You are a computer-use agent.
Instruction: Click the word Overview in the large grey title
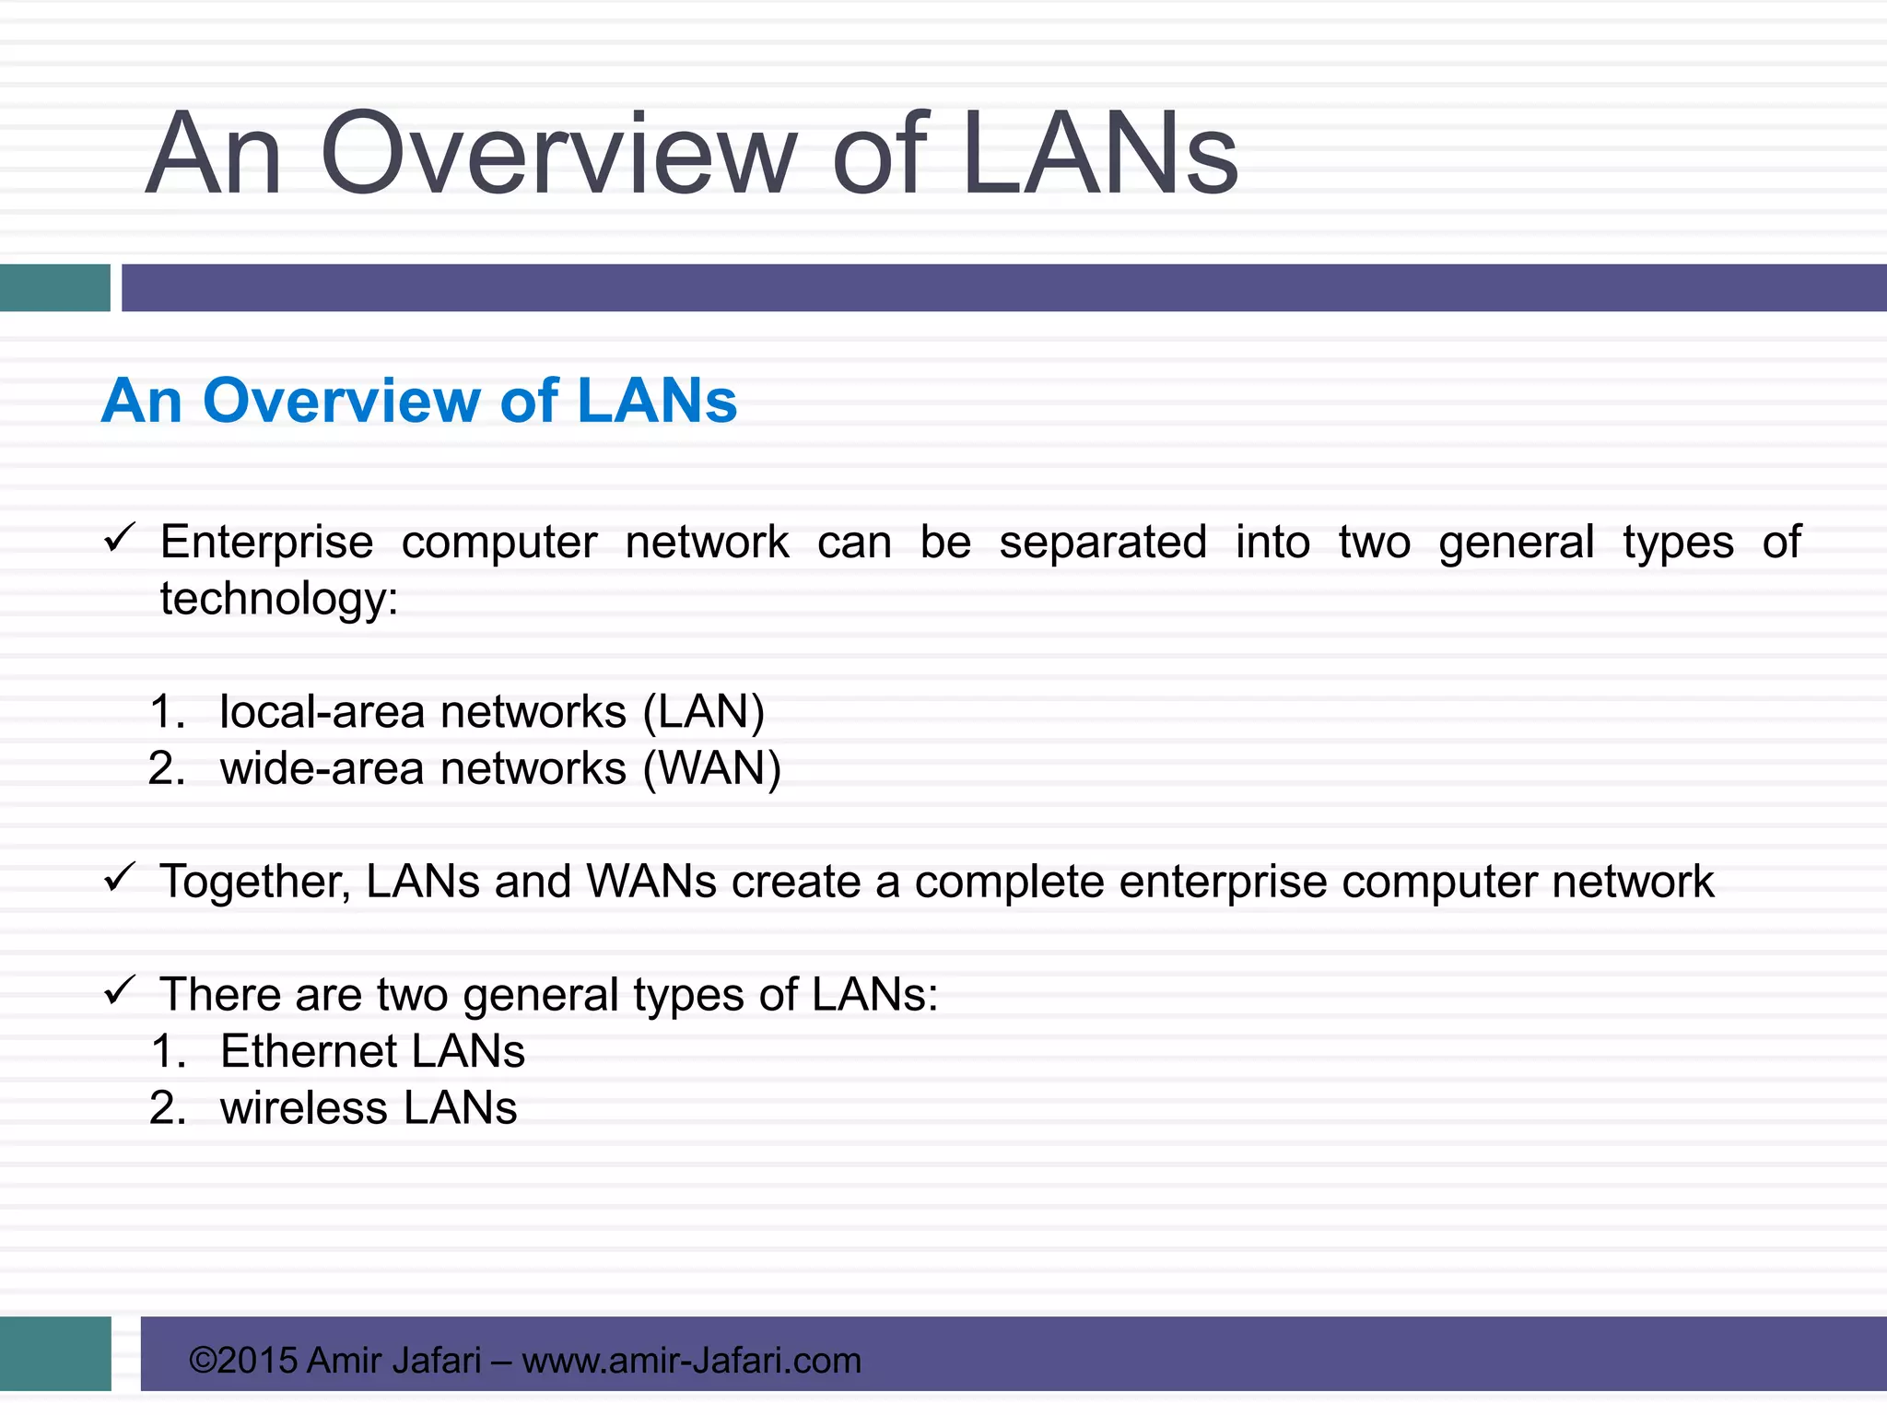tap(557, 155)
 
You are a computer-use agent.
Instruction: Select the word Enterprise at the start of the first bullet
tap(266, 543)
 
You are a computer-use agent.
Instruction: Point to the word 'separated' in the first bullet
tap(1103, 543)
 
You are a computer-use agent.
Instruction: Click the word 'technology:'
tap(278, 600)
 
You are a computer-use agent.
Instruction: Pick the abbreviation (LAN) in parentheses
tap(704, 712)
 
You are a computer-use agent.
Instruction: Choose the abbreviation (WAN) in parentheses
tap(712, 768)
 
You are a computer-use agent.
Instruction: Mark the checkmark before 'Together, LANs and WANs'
tap(120, 877)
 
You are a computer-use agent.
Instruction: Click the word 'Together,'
tap(254, 882)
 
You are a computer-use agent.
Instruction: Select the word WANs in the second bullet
tap(651, 882)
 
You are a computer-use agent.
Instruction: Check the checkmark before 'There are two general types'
tap(120, 991)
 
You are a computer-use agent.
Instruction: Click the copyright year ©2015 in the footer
tap(243, 1361)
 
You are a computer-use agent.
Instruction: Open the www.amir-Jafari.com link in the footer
tap(691, 1361)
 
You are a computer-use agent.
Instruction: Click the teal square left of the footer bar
tap(55, 1353)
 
